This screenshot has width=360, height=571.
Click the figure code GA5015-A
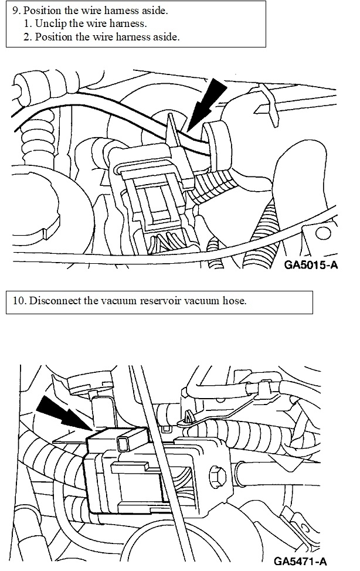point(311,264)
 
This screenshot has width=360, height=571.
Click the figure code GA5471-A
point(300,562)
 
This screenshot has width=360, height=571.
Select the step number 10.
point(19,302)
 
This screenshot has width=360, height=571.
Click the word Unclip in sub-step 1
point(50,24)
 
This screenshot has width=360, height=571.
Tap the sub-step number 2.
point(28,36)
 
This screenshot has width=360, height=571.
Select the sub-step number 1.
point(28,24)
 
